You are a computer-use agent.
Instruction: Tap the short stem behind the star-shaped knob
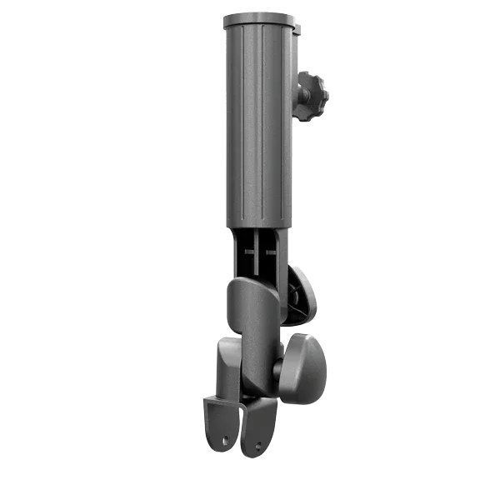pyautogui.click(x=297, y=93)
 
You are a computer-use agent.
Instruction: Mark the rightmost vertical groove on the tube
pyautogui.click(x=282, y=125)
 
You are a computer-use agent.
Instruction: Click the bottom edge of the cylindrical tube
pyautogui.click(x=258, y=226)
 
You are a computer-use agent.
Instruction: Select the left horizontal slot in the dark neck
pyautogui.click(x=251, y=247)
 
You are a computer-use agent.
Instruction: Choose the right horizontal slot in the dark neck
pyautogui.click(x=268, y=247)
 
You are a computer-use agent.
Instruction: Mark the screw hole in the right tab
pyautogui.click(x=258, y=444)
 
